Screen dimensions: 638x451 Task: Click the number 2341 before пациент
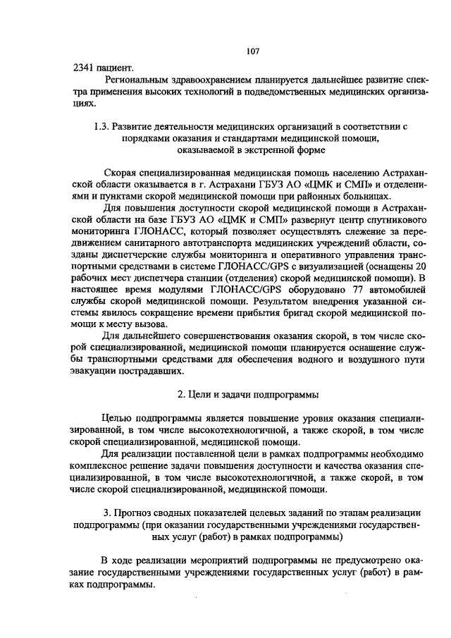tap(85, 68)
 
